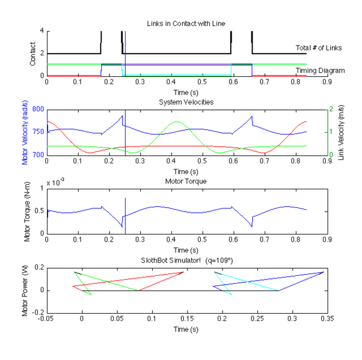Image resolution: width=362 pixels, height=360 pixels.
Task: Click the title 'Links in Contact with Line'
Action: click(x=186, y=23)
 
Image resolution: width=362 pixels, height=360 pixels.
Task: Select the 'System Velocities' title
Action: click(x=186, y=102)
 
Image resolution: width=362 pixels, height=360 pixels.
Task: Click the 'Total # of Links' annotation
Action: click(x=320, y=47)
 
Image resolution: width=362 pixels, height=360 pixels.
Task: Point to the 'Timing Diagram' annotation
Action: click(x=320, y=70)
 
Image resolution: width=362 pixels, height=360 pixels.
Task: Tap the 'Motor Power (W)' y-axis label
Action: click(x=26, y=290)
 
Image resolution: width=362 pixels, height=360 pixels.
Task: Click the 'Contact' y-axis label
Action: click(x=31, y=53)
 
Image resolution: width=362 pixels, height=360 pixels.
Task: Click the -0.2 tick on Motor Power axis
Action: click(x=37, y=313)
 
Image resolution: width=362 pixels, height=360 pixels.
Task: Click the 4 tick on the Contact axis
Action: click(x=41, y=31)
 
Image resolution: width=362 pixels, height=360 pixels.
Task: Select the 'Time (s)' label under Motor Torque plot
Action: click(x=186, y=249)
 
